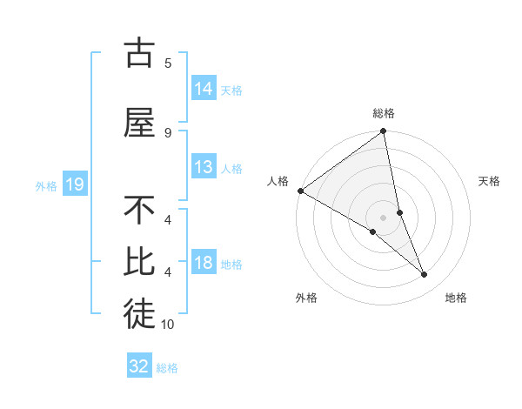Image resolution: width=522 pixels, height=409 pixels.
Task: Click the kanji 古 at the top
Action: (x=139, y=53)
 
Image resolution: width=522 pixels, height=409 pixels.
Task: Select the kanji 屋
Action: (x=139, y=124)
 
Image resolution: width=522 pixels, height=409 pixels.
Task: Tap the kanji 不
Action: (x=139, y=211)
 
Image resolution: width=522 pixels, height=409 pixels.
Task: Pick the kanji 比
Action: (x=139, y=262)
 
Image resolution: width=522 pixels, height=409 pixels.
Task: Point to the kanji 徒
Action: (x=139, y=314)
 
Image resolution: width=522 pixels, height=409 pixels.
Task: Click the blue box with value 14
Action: (x=204, y=88)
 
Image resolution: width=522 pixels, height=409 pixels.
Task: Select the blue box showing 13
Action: (x=204, y=167)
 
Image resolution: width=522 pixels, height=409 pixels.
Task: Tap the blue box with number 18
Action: (x=204, y=263)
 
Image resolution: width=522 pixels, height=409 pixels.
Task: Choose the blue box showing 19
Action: (x=74, y=184)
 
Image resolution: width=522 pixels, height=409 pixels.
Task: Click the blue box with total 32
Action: (x=139, y=366)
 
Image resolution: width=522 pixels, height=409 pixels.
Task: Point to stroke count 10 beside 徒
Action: (x=168, y=325)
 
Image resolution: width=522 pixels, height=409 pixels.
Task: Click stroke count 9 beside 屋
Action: (x=168, y=132)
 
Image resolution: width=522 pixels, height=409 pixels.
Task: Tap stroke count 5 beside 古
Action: (x=168, y=63)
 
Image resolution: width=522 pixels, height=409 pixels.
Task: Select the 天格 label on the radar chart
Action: (x=490, y=181)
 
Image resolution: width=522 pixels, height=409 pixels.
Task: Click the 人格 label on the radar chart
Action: (x=278, y=181)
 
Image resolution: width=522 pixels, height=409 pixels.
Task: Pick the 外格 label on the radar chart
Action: (x=306, y=298)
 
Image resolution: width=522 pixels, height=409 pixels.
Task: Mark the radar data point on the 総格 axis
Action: (x=383, y=132)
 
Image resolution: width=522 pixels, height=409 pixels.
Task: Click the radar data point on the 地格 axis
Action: (x=425, y=275)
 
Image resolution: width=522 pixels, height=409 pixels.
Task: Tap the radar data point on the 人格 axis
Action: (x=300, y=191)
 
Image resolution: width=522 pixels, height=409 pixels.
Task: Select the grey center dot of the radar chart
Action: (x=383, y=218)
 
